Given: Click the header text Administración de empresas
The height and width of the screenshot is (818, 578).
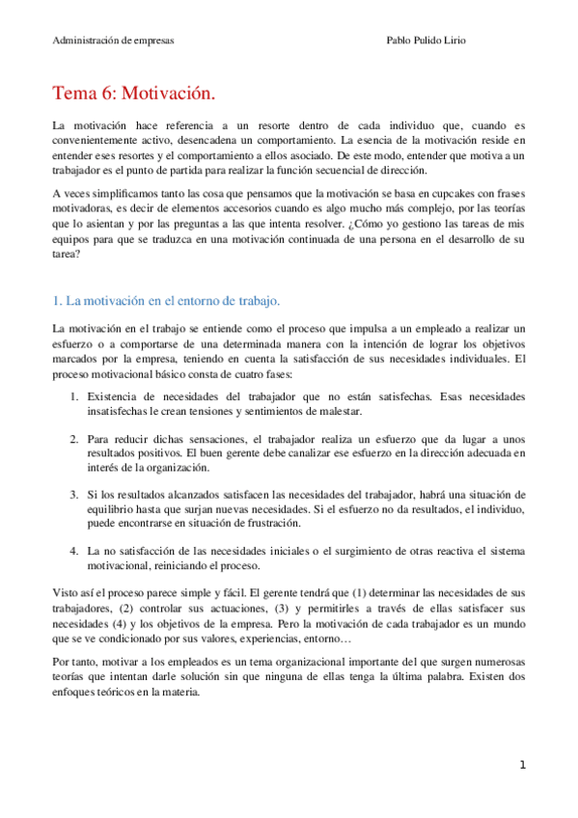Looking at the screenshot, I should click(113, 41).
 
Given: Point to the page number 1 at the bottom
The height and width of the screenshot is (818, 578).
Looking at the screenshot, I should click(522, 765).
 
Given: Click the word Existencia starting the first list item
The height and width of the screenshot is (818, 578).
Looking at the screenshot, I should click(114, 397).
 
